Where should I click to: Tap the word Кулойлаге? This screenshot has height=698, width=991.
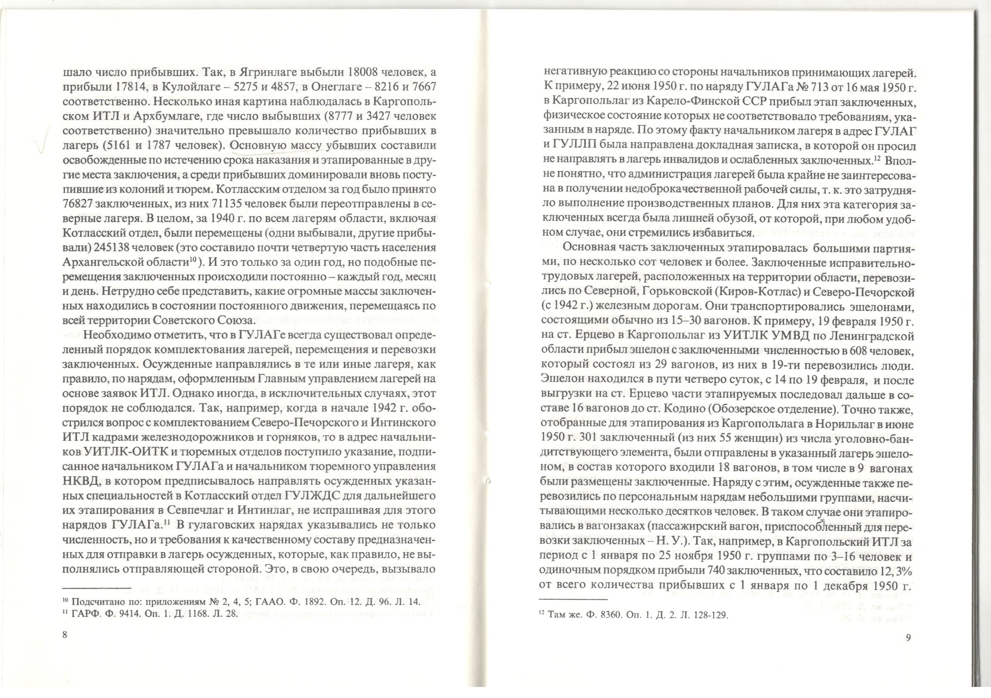[x=193, y=86]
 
